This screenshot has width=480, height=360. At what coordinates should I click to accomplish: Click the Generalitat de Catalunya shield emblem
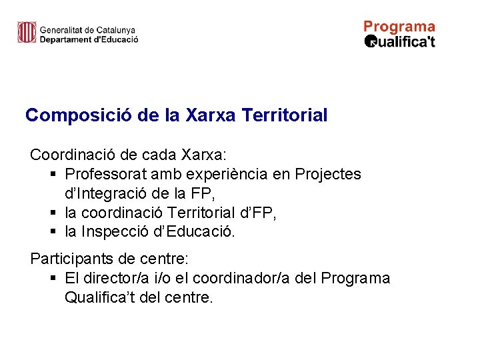click(x=27, y=32)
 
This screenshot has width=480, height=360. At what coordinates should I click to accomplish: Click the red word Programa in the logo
click(x=399, y=27)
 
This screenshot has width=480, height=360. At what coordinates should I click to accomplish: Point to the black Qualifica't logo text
click(x=400, y=41)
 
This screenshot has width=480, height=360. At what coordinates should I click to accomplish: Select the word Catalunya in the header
click(x=115, y=30)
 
